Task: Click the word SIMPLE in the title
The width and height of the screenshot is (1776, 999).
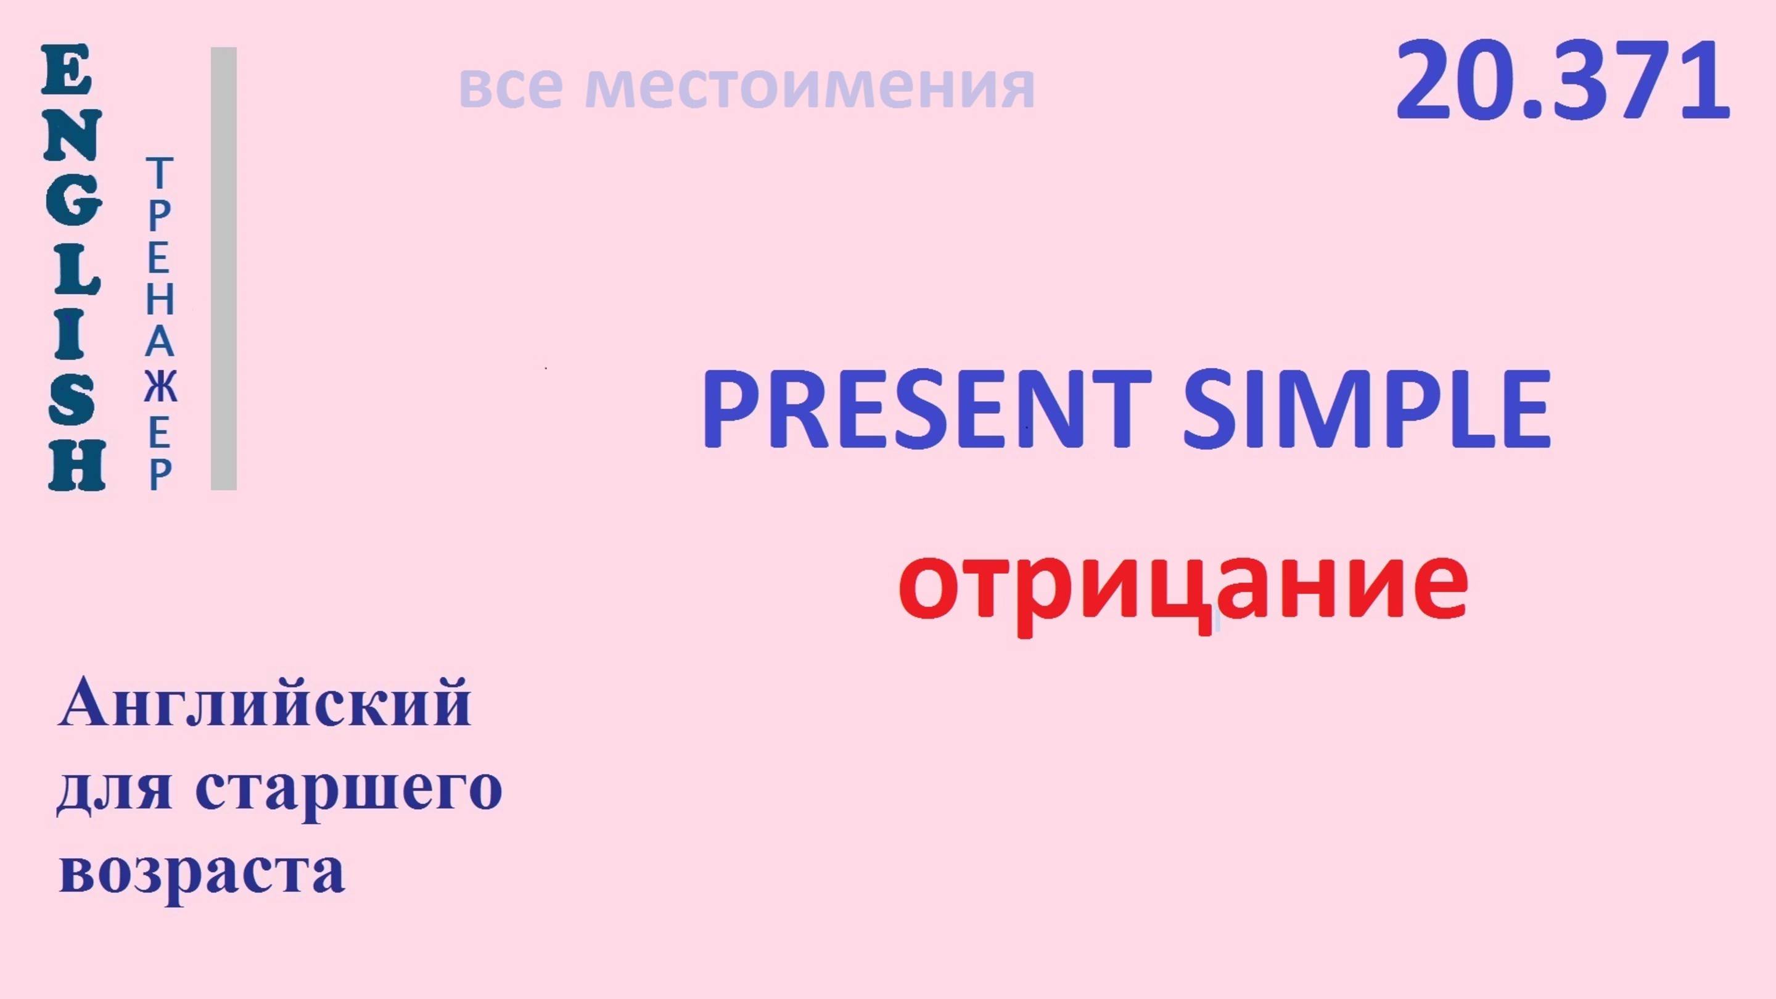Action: [x=1367, y=408]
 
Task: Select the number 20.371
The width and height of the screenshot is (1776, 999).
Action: [x=1562, y=81]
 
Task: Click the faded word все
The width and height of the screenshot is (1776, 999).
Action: [x=510, y=88]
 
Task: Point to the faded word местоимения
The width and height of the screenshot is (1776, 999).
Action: [x=810, y=88]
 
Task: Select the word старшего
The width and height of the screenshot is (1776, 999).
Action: [x=352, y=789]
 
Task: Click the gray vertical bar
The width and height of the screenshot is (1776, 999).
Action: [x=223, y=269]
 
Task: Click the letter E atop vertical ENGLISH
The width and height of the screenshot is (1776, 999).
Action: [x=67, y=70]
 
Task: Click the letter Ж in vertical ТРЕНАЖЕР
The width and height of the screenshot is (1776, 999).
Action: [x=160, y=387]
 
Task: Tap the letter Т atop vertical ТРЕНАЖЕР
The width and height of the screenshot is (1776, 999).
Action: [x=160, y=173]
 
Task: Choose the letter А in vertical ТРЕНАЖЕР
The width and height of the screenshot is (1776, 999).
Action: [x=160, y=343]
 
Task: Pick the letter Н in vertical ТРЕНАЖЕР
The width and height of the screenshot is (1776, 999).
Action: [x=160, y=300]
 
